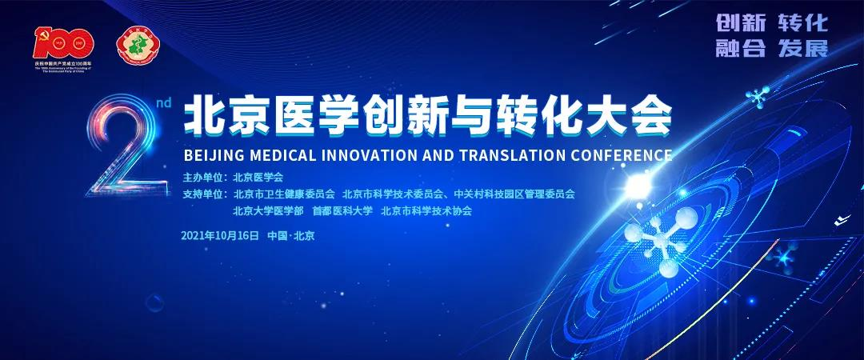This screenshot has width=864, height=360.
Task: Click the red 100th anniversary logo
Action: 64,45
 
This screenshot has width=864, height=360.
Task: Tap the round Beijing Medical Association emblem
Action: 134,46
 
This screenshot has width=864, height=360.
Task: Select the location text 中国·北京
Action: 290,235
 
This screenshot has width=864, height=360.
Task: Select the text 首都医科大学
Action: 342,212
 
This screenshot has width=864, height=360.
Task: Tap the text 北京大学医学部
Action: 268,212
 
